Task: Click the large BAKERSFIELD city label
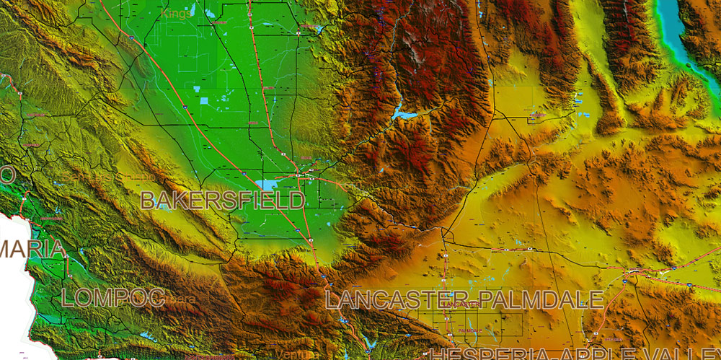tap(222, 201)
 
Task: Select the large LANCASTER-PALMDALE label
tap(464, 299)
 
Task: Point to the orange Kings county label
tap(177, 13)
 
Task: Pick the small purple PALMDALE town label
tap(470, 330)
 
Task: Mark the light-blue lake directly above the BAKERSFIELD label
tap(267, 185)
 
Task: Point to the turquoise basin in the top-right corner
tap(673, 29)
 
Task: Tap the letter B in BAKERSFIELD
tap(148, 201)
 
